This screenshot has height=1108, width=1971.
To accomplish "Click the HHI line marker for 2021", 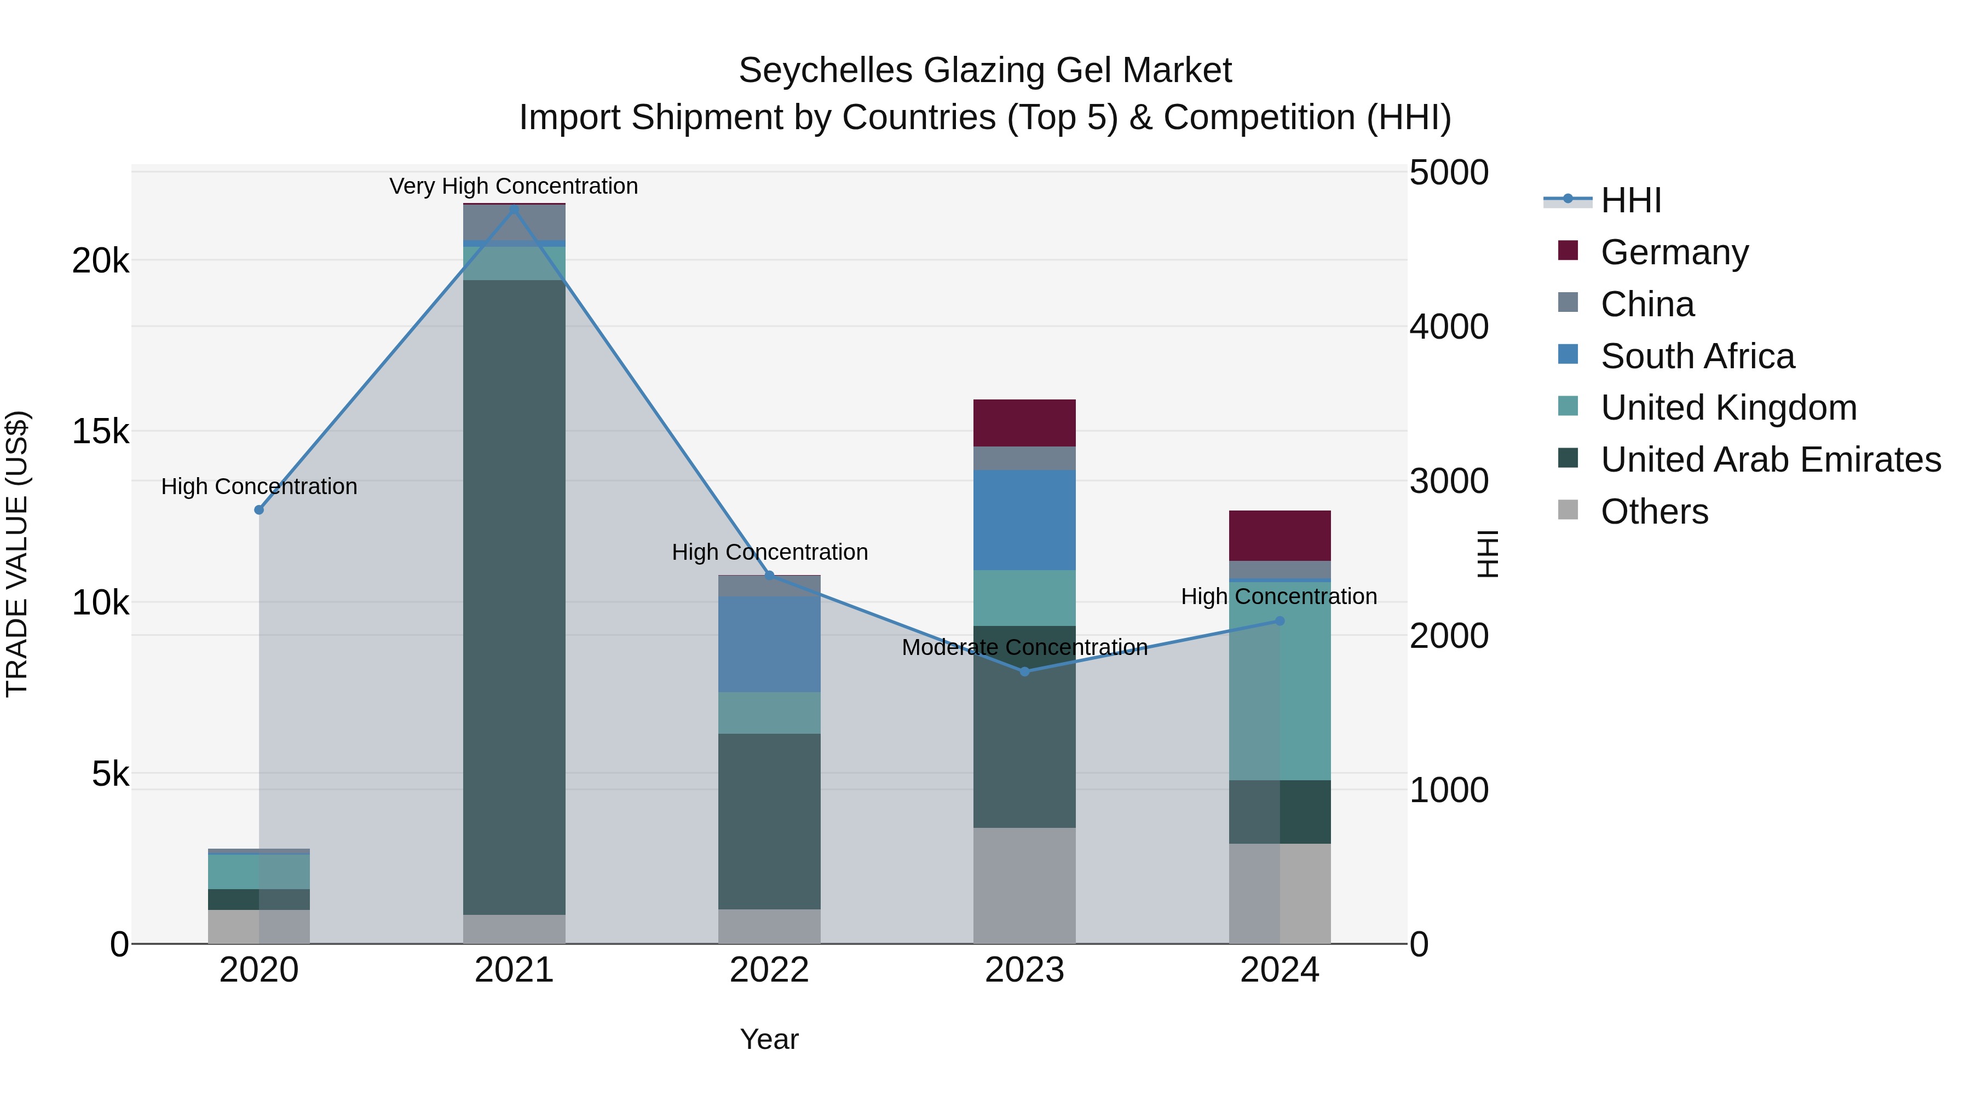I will pyautogui.click(x=514, y=209).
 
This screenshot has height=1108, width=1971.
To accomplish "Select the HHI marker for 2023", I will pyautogui.click(x=1024, y=671).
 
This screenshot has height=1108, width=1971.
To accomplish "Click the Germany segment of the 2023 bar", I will pyautogui.click(x=1024, y=423).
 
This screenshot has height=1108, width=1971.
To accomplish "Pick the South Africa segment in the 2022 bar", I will pyautogui.click(x=769, y=645).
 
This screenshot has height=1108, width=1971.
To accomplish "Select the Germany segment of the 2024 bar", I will pyautogui.click(x=1280, y=535).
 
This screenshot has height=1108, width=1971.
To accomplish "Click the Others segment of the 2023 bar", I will pyautogui.click(x=1024, y=885).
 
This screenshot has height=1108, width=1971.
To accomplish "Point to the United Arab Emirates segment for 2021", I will pyautogui.click(x=514, y=596).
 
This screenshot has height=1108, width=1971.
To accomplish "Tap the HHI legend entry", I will pyautogui.click(x=1630, y=200).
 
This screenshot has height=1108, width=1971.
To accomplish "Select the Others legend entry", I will pyautogui.click(x=1653, y=512).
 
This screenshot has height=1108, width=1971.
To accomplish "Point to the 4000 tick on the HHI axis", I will pyautogui.click(x=1448, y=327).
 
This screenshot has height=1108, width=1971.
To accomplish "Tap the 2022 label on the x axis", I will pyautogui.click(x=769, y=970).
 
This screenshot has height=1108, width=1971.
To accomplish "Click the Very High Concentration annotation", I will pyautogui.click(x=514, y=187).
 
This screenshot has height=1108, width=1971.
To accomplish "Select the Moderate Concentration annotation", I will pyautogui.click(x=1024, y=648).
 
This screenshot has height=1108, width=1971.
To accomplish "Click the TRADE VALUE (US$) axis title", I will pyautogui.click(x=17, y=554).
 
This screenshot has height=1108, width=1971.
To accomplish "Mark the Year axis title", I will pyautogui.click(x=769, y=1039).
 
